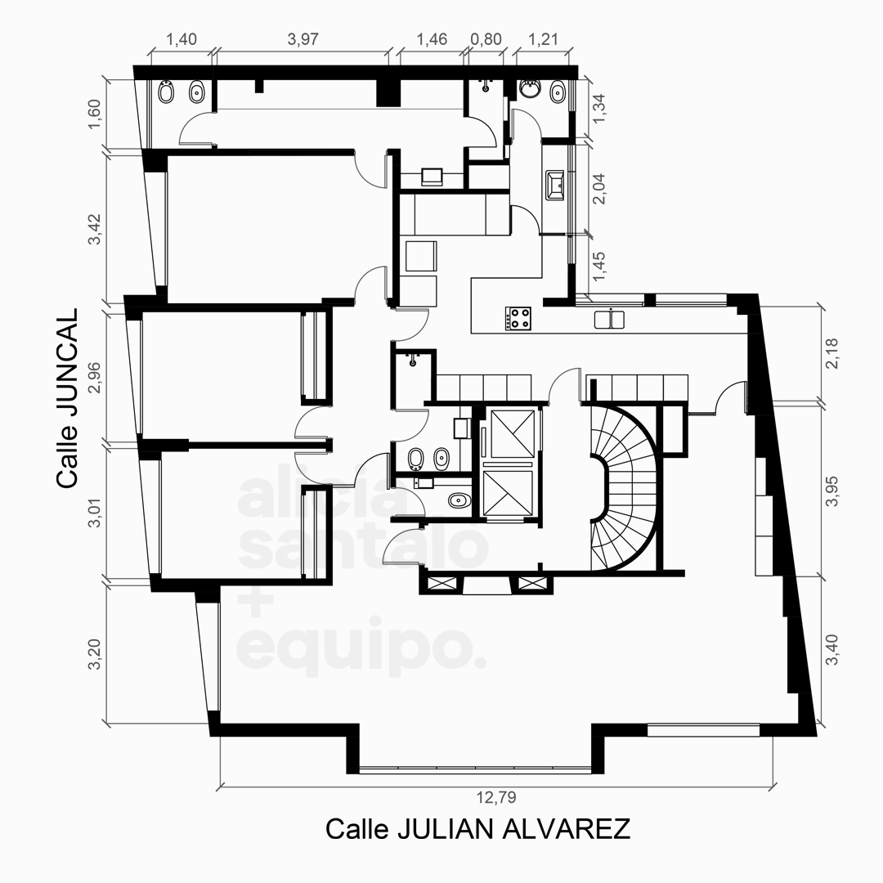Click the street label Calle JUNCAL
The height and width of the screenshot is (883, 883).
pyautogui.click(x=66, y=398)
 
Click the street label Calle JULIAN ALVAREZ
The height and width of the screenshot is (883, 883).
pyautogui.click(x=477, y=829)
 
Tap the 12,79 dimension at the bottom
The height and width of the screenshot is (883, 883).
pyautogui.click(x=496, y=797)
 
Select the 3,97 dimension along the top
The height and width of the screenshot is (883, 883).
pyautogui.click(x=303, y=39)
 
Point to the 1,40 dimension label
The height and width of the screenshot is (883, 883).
pyautogui.click(x=182, y=39)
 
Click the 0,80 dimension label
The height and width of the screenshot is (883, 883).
pyautogui.click(x=486, y=39)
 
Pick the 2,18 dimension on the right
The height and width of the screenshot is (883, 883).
pyautogui.click(x=831, y=354)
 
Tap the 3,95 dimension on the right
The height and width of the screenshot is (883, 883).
pyautogui.click(x=831, y=491)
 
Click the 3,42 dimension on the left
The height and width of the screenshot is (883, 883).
pyautogui.click(x=94, y=229)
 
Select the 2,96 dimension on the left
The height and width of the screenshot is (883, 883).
pyautogui.click(x=94, y=377)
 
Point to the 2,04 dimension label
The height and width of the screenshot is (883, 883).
pyautogui.click(x=600, y=189)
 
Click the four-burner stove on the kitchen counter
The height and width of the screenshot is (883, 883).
pyautogui.click(x=518, y=318)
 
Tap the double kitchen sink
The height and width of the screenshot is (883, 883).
pyautogui.click(x=609, y=320)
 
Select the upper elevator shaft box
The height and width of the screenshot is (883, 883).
pyautogui.click(x=513, y=433)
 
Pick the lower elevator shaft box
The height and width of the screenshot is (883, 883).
pyautogui.click(x=508, y=492)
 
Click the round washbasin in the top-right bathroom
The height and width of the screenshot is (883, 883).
pyautogui.click(x=529, y=88)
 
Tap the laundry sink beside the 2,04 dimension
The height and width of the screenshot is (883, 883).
pyautogui.click(x=554, y=186)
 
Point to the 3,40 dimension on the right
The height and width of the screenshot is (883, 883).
pyautogui.click(x=831, y=649)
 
